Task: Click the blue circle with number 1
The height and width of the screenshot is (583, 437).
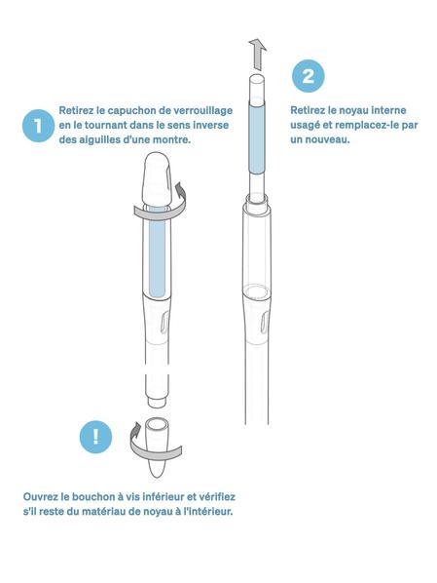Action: click(38, 126)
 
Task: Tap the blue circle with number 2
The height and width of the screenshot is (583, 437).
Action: click(308, 76)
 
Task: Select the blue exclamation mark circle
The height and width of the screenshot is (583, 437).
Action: click(95, 437)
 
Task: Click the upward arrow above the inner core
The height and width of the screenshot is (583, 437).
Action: click(257, 55)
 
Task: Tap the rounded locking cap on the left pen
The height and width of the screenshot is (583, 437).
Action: click(157, 178)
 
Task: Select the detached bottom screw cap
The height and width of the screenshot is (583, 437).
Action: click(156, 447)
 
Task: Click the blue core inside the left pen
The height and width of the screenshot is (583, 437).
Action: click(157, 256)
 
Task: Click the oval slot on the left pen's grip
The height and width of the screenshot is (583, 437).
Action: click(164, 322)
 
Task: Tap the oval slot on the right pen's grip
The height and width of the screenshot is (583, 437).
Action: click(264, 322)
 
